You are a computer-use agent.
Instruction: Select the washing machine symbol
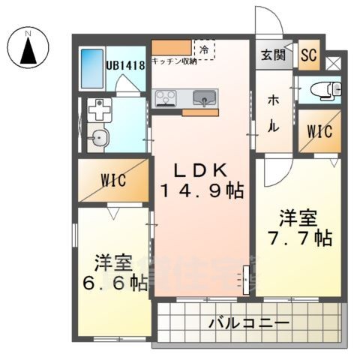click(x=98, y=112)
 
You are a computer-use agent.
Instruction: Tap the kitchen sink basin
click(x=203, y=97)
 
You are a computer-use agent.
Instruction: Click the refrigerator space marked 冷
click(x=204, y=49)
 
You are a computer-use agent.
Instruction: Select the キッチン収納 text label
click(x=174, y=62)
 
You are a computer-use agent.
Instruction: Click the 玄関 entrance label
click(x=273, y=55)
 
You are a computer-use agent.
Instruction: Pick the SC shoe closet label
click(x=308, y=54)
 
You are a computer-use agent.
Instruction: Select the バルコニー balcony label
click(x=248, y=324)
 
